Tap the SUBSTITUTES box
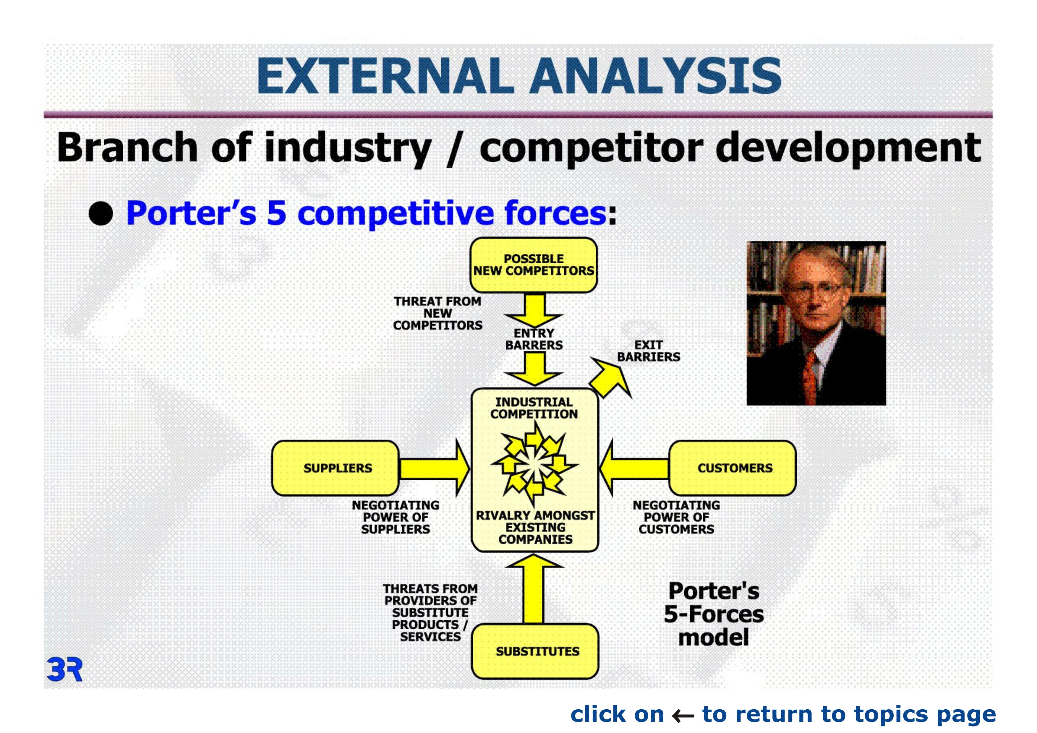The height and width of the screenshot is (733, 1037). [x=535, y=651]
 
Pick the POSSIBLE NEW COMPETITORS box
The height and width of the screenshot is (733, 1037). [x=534, y=265]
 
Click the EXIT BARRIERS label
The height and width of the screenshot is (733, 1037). [x=649, y=351]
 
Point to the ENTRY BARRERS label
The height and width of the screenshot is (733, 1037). [x=534, y=339]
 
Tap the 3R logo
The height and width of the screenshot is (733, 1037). [x=64, y=670]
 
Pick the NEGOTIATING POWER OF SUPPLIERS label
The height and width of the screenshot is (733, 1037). [x=396, y=517]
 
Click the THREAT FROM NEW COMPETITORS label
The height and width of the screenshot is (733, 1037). [x=437, y=313]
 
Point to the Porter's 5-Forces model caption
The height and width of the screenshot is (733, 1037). [x=714, y=614]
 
